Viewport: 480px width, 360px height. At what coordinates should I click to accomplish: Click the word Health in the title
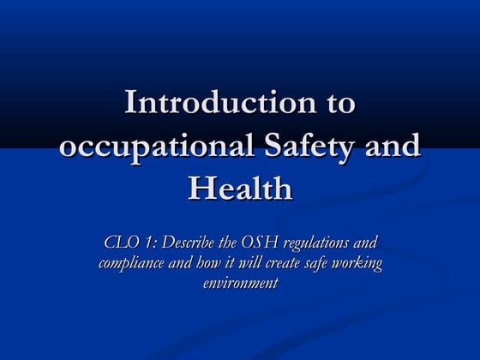click(240, 189)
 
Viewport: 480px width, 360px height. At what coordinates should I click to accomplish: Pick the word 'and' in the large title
click(393, 147)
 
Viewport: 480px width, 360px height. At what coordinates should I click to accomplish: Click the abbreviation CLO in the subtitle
click(119, 243)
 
